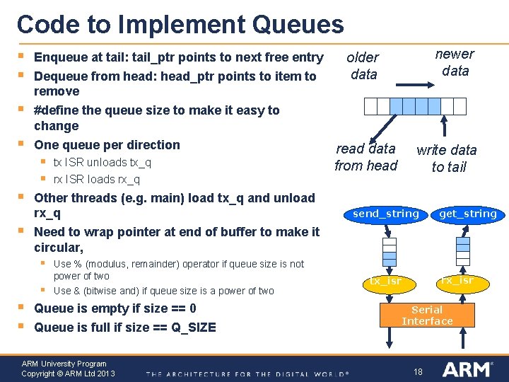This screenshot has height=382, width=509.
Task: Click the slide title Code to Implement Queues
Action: tap(180, 25)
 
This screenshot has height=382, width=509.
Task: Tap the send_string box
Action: tap(386, 214)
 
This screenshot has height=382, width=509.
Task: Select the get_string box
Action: tap(467, 214)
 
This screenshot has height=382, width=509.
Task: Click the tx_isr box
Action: tap(385, 281)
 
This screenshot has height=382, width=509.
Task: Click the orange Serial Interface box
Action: tap(427, 316)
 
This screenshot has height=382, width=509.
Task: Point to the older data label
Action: tap(363, 66)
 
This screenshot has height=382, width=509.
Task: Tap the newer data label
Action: tap(455, 62)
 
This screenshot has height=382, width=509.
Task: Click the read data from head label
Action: tap(365, 157)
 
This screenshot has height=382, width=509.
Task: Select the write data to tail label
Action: tap(447, 158)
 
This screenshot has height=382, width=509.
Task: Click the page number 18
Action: tap(418, 371)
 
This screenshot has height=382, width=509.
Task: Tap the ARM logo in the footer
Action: tap(467, 369)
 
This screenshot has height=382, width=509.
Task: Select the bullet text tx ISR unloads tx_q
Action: tap(103, 163)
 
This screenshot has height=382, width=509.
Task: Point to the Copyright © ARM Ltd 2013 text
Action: tap(68, 374)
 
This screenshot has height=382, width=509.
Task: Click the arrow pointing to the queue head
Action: tap(383, 128)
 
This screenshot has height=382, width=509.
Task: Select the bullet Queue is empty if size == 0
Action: tap(115, 308)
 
